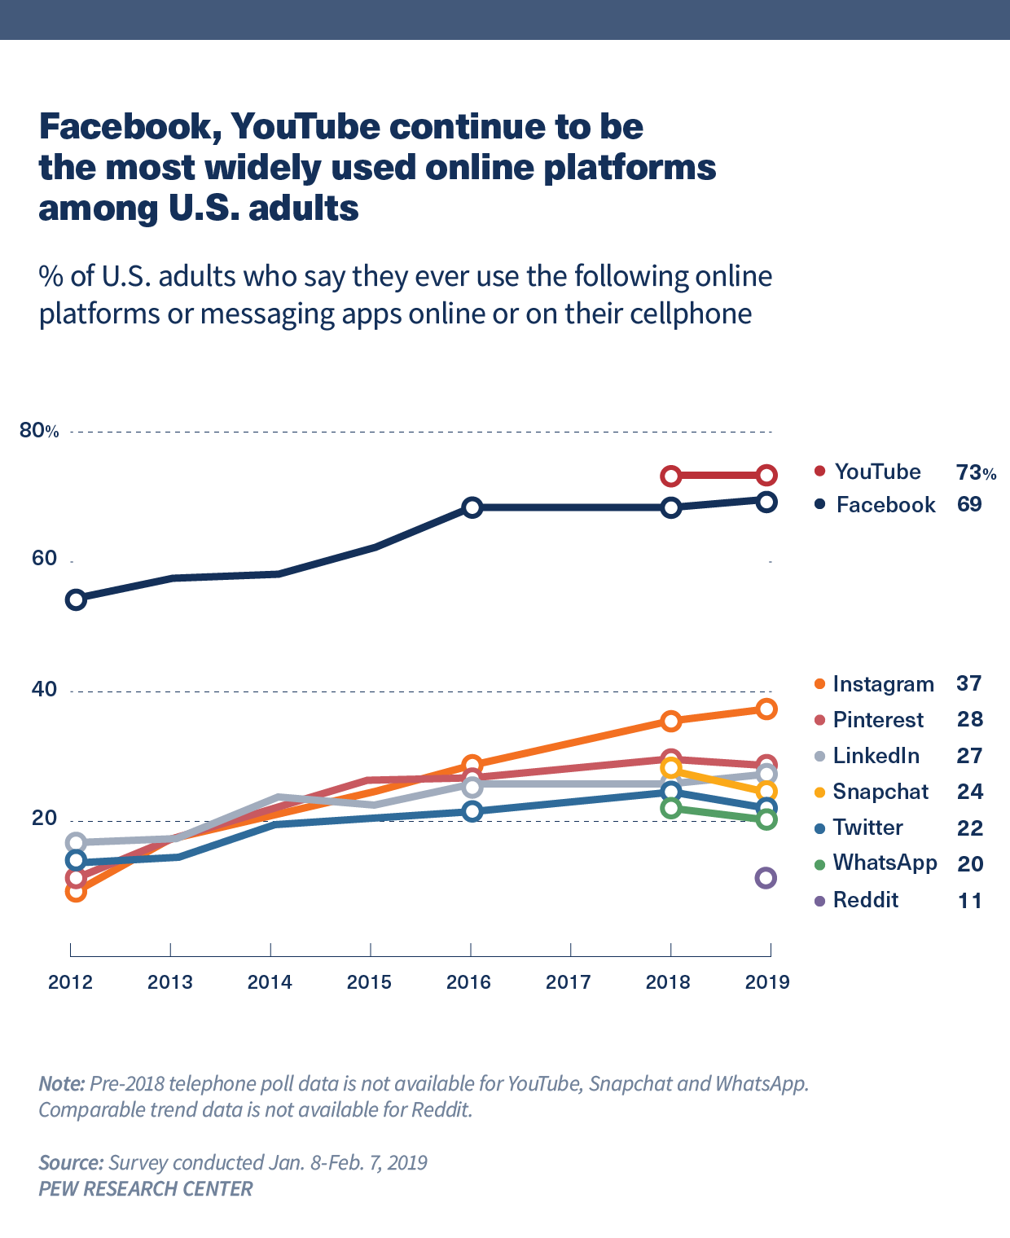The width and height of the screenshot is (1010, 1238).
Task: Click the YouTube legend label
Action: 877,472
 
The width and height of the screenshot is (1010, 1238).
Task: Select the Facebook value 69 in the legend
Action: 969,505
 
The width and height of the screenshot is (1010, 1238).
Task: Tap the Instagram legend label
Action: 883,684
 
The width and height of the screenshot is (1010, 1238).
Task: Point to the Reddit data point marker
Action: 766,878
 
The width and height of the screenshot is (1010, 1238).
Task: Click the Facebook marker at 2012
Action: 76,600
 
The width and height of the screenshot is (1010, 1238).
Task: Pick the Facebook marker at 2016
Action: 472,507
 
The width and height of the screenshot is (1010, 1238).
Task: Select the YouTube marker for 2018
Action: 670,476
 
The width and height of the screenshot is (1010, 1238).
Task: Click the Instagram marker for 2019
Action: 766,709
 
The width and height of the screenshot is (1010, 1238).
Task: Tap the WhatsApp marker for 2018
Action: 670,808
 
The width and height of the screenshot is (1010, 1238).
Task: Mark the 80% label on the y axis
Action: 39,431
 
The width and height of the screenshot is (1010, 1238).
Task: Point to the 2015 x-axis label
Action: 369,982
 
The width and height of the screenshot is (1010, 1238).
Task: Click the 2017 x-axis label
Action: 569,982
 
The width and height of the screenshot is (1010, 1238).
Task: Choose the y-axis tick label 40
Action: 44,690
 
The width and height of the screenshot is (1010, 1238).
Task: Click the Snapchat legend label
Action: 880,792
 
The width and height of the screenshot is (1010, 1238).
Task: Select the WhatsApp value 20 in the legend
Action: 970,864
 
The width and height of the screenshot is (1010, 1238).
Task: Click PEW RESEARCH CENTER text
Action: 146,1189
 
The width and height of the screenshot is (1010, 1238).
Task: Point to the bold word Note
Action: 62,1084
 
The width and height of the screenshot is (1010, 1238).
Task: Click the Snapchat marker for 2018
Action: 670,768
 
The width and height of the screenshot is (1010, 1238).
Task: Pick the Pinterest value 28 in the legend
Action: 970,720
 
